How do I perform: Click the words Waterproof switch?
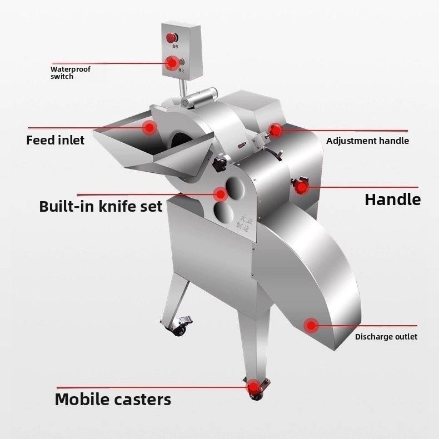click(70, 73)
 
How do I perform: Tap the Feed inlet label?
click(56, 139)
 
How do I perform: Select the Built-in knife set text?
click(101, 207)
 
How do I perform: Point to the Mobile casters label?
click(113, 399)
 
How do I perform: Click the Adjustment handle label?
click(367, 141)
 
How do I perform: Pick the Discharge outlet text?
click(386, 336)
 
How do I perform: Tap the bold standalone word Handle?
click(392, 199)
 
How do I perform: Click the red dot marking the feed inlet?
click(149, 127)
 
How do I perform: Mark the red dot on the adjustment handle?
click(276, 131)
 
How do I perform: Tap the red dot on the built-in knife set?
click(221, 194)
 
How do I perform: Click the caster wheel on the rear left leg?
click(181, 330)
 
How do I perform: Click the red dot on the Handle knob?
click(302, 187)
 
